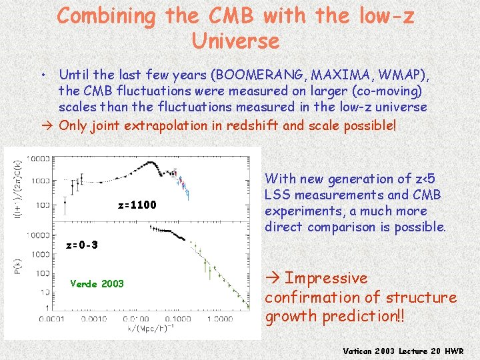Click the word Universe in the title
tap(236, 41)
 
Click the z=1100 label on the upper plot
tap(137, 205)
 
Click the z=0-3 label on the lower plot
tap(82, 245)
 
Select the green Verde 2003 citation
tap(97, 283)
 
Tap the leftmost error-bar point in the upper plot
tap(65, 198)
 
